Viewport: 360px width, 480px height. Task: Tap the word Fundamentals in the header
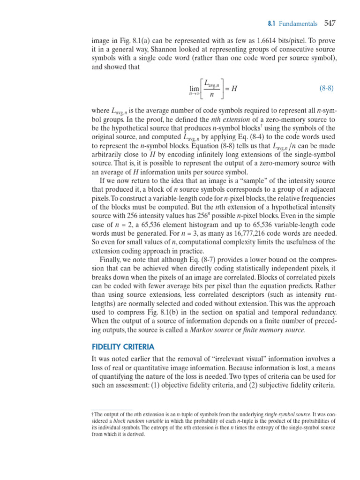[x=298, y=23]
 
